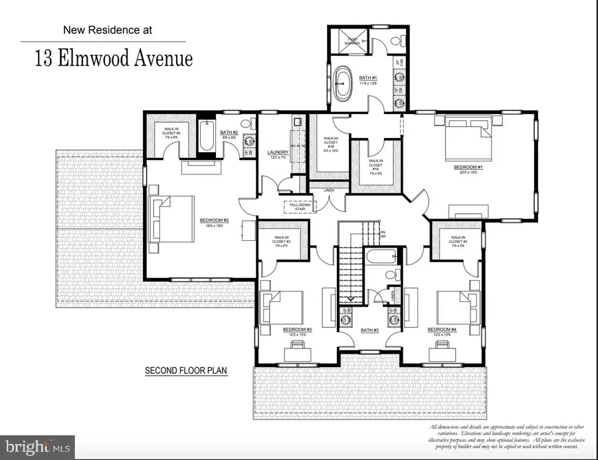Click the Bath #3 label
pos(370,329)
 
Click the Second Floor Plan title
pos(185,371)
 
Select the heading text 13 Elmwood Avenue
pos(114,58)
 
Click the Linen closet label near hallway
pos(328,191)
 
